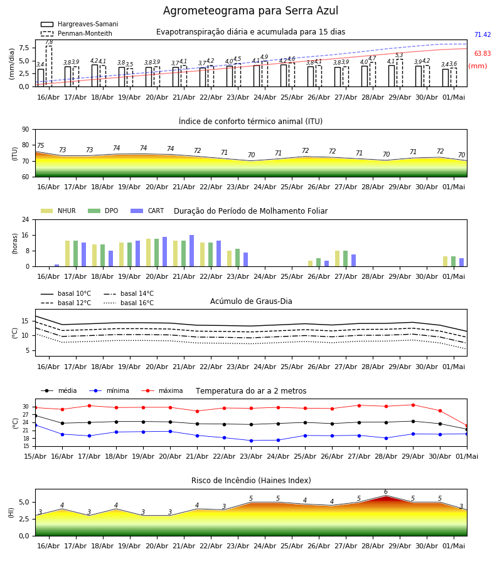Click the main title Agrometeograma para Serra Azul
point(250,11)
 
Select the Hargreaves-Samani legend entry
point(80,24)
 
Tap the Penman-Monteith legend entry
point(77,33)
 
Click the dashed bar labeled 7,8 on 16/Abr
point(49,66)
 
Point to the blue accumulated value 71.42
point(483,35)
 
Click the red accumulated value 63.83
point(483,54)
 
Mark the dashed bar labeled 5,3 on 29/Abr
point(400,73)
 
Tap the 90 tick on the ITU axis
point(26,130)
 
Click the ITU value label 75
point(40,145)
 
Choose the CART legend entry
point(147,211)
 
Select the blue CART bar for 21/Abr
point(191,251)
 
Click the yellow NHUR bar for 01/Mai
point(445,261)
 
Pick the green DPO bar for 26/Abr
point(318,263)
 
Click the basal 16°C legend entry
point(129,303)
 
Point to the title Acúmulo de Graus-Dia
point(251,301)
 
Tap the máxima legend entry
point(162,390)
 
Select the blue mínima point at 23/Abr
point(252,441)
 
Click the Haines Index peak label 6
point(386,492)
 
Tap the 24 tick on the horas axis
point(26,219)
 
